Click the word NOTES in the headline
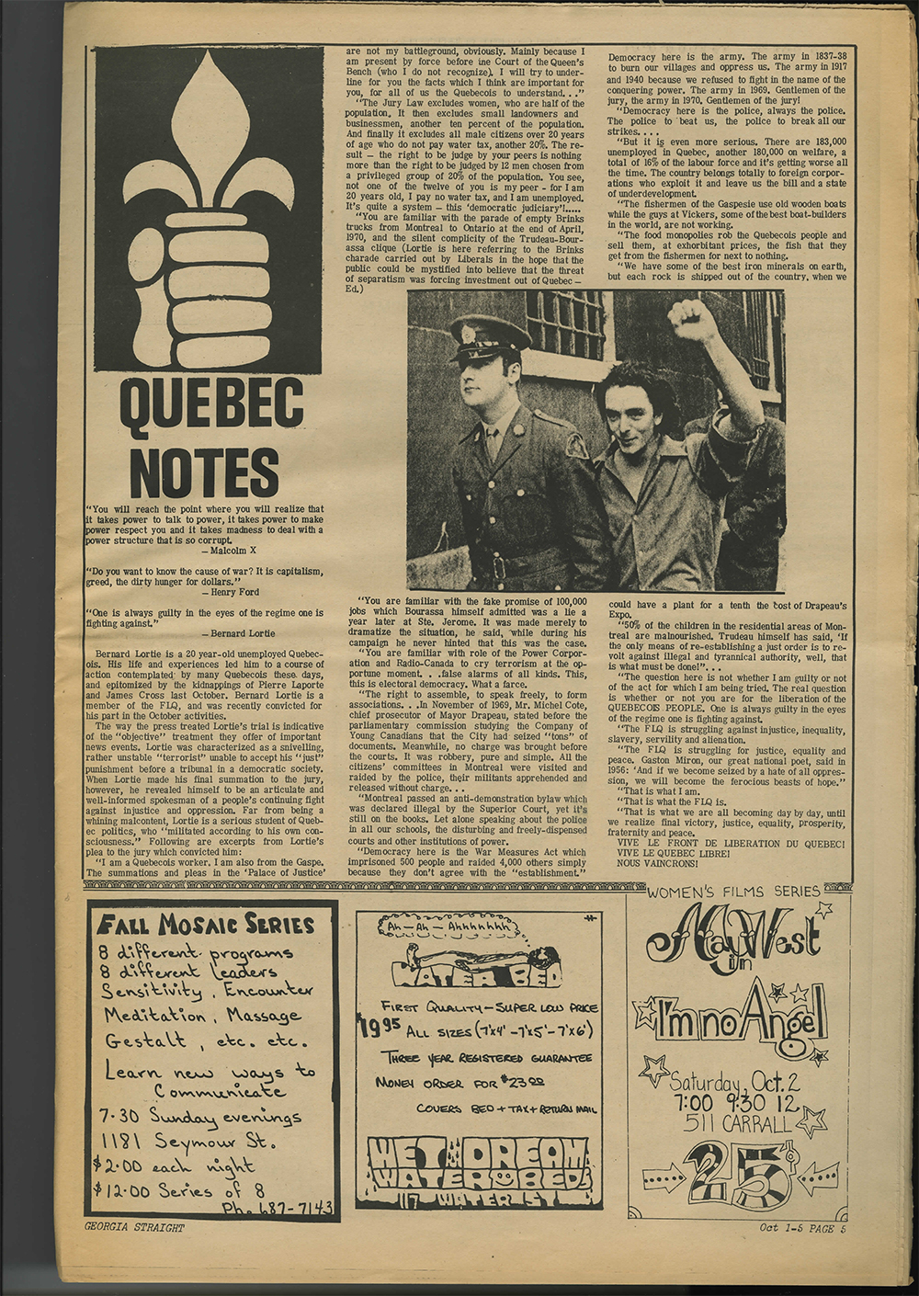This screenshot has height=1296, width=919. tap(204, 472)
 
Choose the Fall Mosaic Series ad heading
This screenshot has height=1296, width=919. tap(207, 924)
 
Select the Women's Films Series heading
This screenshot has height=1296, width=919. tap(732, 891)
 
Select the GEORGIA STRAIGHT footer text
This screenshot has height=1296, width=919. tap(134, 1227)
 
